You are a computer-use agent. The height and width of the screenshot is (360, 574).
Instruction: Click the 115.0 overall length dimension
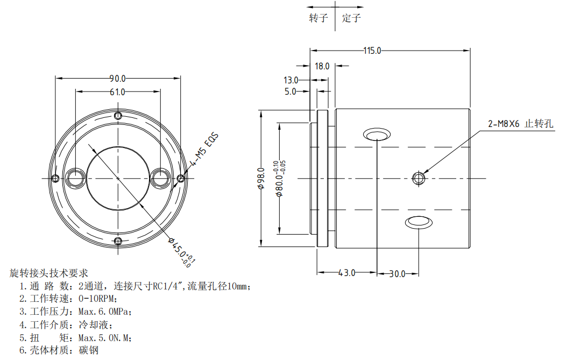click(x=372, y=51)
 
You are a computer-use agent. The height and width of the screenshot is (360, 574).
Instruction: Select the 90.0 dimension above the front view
click(x=117, y=78)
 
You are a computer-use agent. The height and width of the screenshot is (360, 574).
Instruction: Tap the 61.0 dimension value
click(x=117, y=92)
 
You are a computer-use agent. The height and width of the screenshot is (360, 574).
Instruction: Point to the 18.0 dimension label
click(x=322, y=66)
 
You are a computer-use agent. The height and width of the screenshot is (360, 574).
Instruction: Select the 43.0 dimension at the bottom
click(x=346, y=273)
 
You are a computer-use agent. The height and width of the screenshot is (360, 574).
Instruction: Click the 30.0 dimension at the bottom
click(x=397, y=274)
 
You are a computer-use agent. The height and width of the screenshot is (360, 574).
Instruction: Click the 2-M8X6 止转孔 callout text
click(x=520, y=124)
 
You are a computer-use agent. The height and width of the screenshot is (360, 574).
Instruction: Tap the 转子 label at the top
click(x=318, y=18)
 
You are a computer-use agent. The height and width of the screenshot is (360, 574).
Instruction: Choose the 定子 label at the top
click(x=351, y=18)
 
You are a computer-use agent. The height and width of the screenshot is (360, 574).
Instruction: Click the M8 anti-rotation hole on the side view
click(x=418, y=178)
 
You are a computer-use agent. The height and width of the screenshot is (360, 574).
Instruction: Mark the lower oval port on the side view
click(x=418, y=221)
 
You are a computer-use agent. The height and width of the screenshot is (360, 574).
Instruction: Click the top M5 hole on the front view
click(x=118, y=116)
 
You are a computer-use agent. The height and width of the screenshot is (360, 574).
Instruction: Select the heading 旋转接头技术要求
click(x=48, y=273)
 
